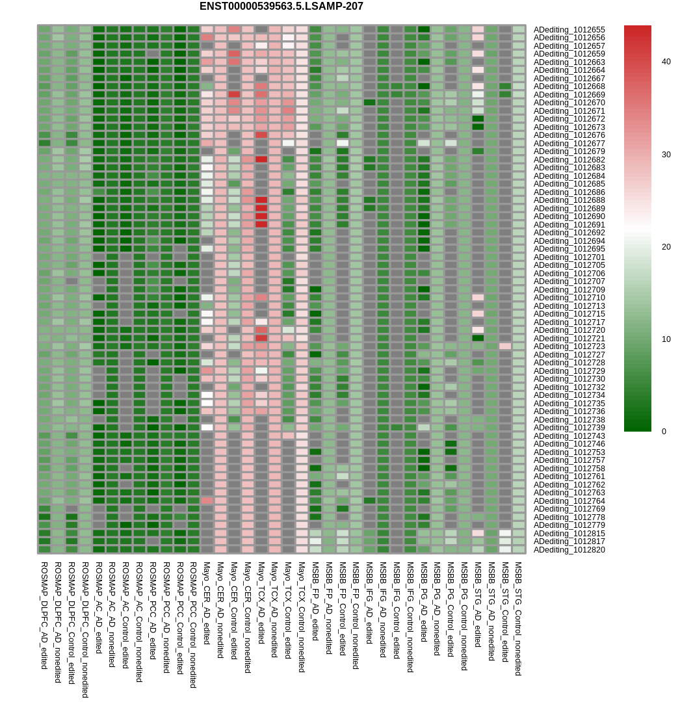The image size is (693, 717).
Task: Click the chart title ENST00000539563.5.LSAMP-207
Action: [281, 7]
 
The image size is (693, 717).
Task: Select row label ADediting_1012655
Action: [569, 30]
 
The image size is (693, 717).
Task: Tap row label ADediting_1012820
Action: [569, 550]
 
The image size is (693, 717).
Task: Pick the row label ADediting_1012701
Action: [569, 257]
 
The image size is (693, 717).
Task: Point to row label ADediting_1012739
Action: [569, 428]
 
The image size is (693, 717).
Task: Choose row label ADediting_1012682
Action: [569, 160]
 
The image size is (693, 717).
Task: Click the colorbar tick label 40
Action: [666, 62]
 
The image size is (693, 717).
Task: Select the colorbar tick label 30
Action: [666, 155]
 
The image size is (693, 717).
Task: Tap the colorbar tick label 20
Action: [666, 247]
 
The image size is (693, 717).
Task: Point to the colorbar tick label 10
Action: [666, 339]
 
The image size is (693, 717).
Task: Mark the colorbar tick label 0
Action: [664, 432]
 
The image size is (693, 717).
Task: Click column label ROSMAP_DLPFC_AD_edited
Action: [44, 615]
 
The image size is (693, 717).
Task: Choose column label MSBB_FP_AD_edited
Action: [315, 601]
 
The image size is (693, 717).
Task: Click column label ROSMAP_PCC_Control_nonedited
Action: [193, 625]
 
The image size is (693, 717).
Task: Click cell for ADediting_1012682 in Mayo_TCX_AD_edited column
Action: [261, 159]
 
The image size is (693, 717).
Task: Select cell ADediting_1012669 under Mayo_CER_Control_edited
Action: [234, 94]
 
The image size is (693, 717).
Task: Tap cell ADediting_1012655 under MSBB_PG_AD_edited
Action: [424, 29]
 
